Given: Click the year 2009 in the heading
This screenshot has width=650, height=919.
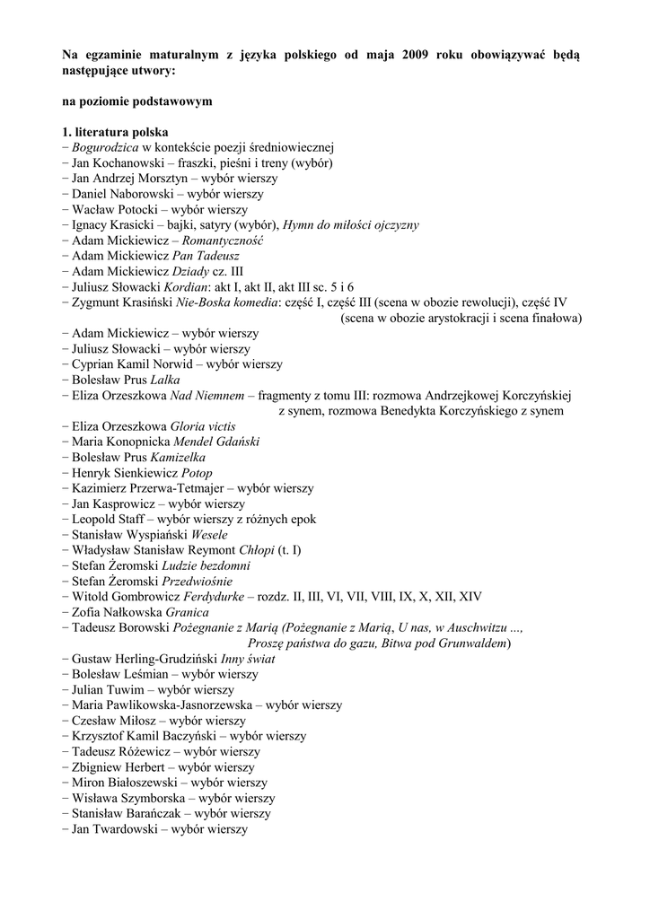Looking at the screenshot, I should click(417, 55).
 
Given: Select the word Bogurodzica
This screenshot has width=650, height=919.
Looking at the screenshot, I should click(105, 147).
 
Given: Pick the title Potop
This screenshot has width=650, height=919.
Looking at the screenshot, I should click(198, 473).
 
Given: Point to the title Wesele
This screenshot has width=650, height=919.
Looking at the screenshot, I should click(209, 535).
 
